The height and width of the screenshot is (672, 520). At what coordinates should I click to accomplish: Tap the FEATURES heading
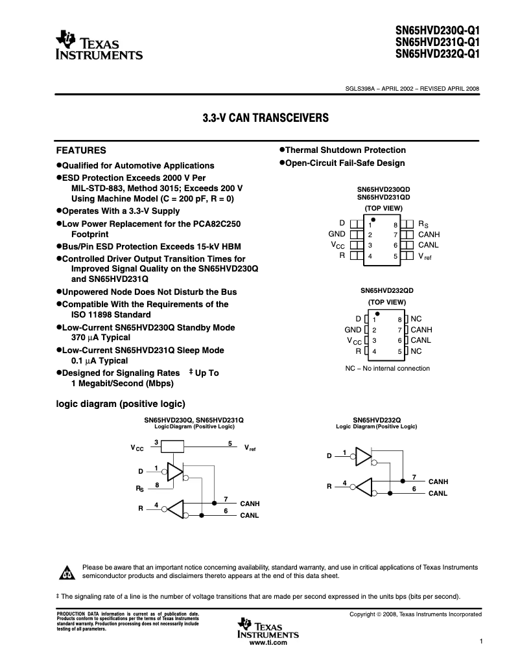(x=81, y=150)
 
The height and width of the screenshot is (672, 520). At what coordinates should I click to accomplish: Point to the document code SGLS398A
(x=360, y=89)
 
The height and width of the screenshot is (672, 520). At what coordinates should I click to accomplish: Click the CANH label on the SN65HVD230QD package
(x=429, y=234)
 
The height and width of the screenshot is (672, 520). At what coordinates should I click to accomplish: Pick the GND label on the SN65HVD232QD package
(x=353, y=330)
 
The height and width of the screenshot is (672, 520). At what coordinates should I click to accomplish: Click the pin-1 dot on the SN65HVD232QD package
(x=377, y=313)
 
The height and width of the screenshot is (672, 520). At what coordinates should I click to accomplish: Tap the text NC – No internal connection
(x=387, y=368)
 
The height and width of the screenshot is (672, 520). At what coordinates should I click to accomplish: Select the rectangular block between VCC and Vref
(x=173, y=446)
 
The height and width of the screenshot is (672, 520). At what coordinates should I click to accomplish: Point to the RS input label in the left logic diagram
(x=139, y=487)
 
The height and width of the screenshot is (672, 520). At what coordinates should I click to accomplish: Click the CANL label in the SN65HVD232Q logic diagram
(x=438, y=494)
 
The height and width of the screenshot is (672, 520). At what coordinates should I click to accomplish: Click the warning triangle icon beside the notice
(x=67, y=572)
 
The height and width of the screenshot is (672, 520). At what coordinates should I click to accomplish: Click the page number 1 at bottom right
(x=481, y=641)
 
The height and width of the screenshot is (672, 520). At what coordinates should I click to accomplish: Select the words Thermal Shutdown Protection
(x=346, y=150)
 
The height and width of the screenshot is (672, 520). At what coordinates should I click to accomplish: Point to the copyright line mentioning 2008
(x=415, y=614)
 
